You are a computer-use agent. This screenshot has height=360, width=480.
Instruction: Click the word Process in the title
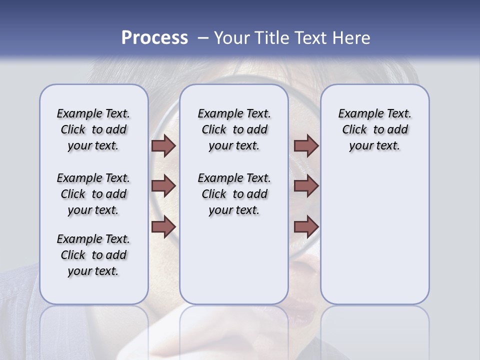[x=154, y=37]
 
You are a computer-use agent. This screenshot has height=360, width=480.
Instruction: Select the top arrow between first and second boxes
[x=163, y=145]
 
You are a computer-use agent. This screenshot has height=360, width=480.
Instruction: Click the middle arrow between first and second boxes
[x=163, y=186]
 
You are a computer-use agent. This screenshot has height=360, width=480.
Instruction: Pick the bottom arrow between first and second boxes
[x=163, y=226]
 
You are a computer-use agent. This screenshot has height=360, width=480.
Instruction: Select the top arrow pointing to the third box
[x=306, y=145]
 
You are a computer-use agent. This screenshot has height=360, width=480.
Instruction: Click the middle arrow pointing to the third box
[x=306, y=186]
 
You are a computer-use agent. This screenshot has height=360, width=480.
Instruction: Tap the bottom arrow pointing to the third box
[x=306, y=226]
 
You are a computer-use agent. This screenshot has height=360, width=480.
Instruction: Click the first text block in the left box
[x=93, y=129]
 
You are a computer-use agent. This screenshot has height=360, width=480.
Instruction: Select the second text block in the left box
[x=93, y=194]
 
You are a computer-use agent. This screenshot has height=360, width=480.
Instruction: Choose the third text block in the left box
[x=93, y=255]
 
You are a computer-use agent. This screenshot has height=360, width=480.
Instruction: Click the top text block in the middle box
[x=234, y=129]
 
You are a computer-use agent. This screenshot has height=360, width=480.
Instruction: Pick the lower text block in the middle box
[x=234, y=194]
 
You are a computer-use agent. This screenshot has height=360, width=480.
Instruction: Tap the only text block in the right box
[x=374, y=129]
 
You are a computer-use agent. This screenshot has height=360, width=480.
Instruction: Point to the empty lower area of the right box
[x=374, y=235]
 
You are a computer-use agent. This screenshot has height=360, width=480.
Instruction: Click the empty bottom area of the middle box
[x=234, y=265]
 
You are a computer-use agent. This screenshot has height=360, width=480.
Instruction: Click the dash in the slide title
[x=203, y=37]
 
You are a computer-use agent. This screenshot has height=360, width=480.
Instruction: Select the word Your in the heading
[x=232, y=38]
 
